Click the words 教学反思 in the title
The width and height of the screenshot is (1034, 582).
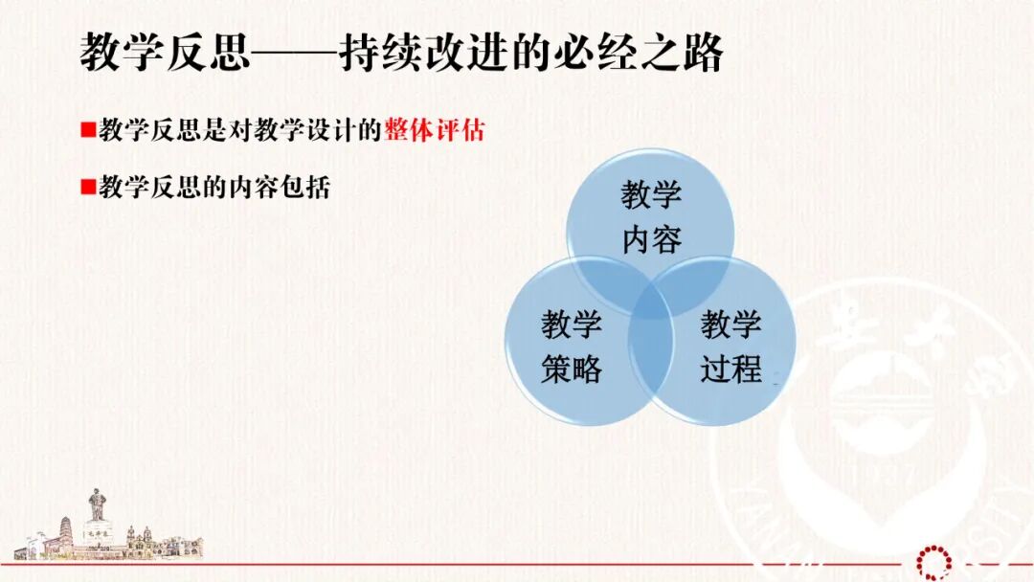click(x=163, y=53)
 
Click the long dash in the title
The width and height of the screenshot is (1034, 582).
click(x=293, y=54)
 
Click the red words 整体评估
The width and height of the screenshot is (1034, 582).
click(x=435, y=131)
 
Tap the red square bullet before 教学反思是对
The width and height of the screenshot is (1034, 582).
click(x=86, y=130)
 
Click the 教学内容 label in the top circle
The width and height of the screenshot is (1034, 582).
click(x=651, y=217)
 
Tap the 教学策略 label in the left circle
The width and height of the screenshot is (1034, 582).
click(x=572, y=347)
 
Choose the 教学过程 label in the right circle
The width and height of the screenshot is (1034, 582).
click(x=731, y=347)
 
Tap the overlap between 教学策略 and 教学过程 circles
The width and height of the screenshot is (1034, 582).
click(x=650, y=359)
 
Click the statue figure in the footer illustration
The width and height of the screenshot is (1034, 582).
click(x=97, y=504)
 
